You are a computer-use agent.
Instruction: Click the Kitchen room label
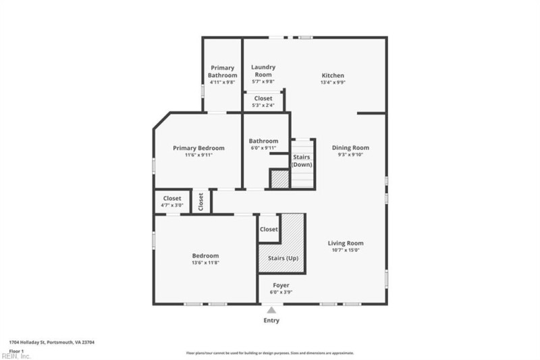pyautogui.click(x=332, y=76)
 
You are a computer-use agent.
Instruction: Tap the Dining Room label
pyautogui.click(x=350, y=147)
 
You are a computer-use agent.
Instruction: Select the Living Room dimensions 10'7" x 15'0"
pyautogui.click(x=346, y=250)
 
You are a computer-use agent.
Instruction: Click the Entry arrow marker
pyautogui.click(x=271, y=309)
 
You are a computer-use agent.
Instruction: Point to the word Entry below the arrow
pyautogui.click(x=271, y=321)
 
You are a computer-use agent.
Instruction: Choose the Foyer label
pyautogui.click(x=281, y=285)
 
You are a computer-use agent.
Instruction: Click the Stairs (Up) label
pyautogui.click(x=283, y=258)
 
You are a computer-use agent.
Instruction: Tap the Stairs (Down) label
pyautogui.click(x=302, y=161)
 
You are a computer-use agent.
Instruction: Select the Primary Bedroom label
pyautogui.click(x=198, y=148)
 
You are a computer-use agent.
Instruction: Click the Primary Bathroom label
pyautogui.click(x=223, y=72)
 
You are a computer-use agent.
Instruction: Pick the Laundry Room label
pyautogui.click(x=263, y=71)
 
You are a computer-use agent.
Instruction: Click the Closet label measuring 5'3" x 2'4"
pyautogui.click(x=263, y=98)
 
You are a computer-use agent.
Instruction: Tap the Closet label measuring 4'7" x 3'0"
pyautogui.click(x=171, y=199)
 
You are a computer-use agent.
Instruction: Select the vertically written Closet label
pyautogui.click(x=201, y=201)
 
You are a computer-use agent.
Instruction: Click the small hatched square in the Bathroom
pyautogui.click(x=279, y=179)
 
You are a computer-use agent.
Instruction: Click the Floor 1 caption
pyautogui.click(x=18, y=351)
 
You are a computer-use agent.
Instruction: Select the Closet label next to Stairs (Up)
pyautogui.click(x=269, y=230)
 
